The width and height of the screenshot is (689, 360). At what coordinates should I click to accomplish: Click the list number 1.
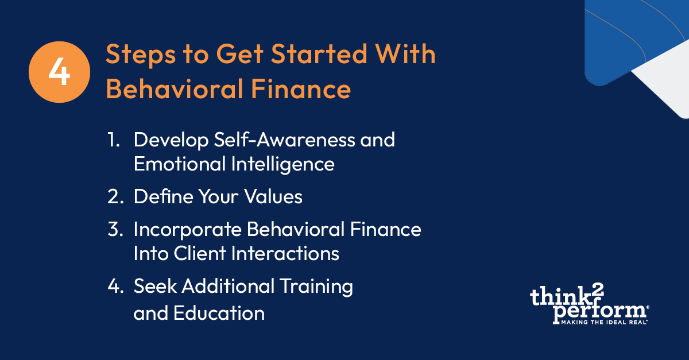click(x=112, y=140)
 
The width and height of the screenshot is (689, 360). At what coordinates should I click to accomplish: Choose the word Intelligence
click(x=282, y=164)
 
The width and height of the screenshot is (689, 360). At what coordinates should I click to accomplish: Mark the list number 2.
click(x=115, y=197)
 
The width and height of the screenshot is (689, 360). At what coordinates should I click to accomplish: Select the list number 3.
click(x=115, y=229)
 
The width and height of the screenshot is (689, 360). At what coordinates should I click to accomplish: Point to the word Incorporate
click(x=187, y=229)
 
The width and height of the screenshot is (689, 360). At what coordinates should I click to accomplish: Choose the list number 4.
click(x=115, y=287)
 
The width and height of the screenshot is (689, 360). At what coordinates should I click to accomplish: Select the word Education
click(x=222, y=313)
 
